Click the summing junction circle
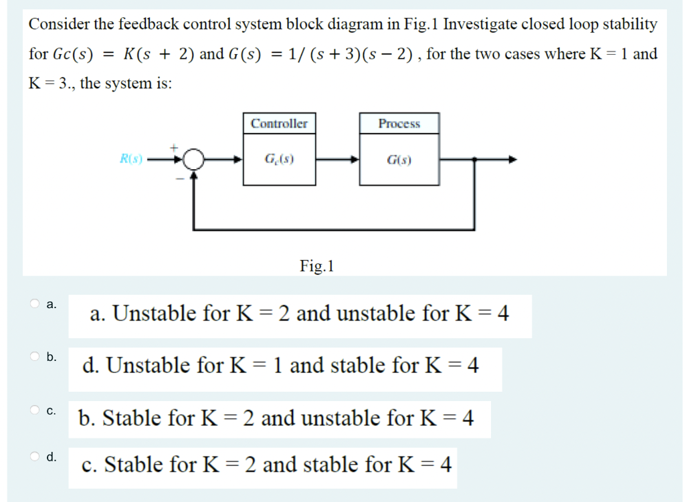[193, 160]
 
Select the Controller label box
[279, 124]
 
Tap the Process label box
[399, 124]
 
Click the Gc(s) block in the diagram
[279, 160]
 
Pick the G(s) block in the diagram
[399, 160]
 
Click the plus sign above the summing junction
[177, 144]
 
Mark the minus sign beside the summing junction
[179, 177]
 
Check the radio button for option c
[35, 409]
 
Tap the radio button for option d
[35, 456]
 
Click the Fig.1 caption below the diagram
[317, 267]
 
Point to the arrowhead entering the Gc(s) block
[237, 160]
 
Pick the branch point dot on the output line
[474, 160]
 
